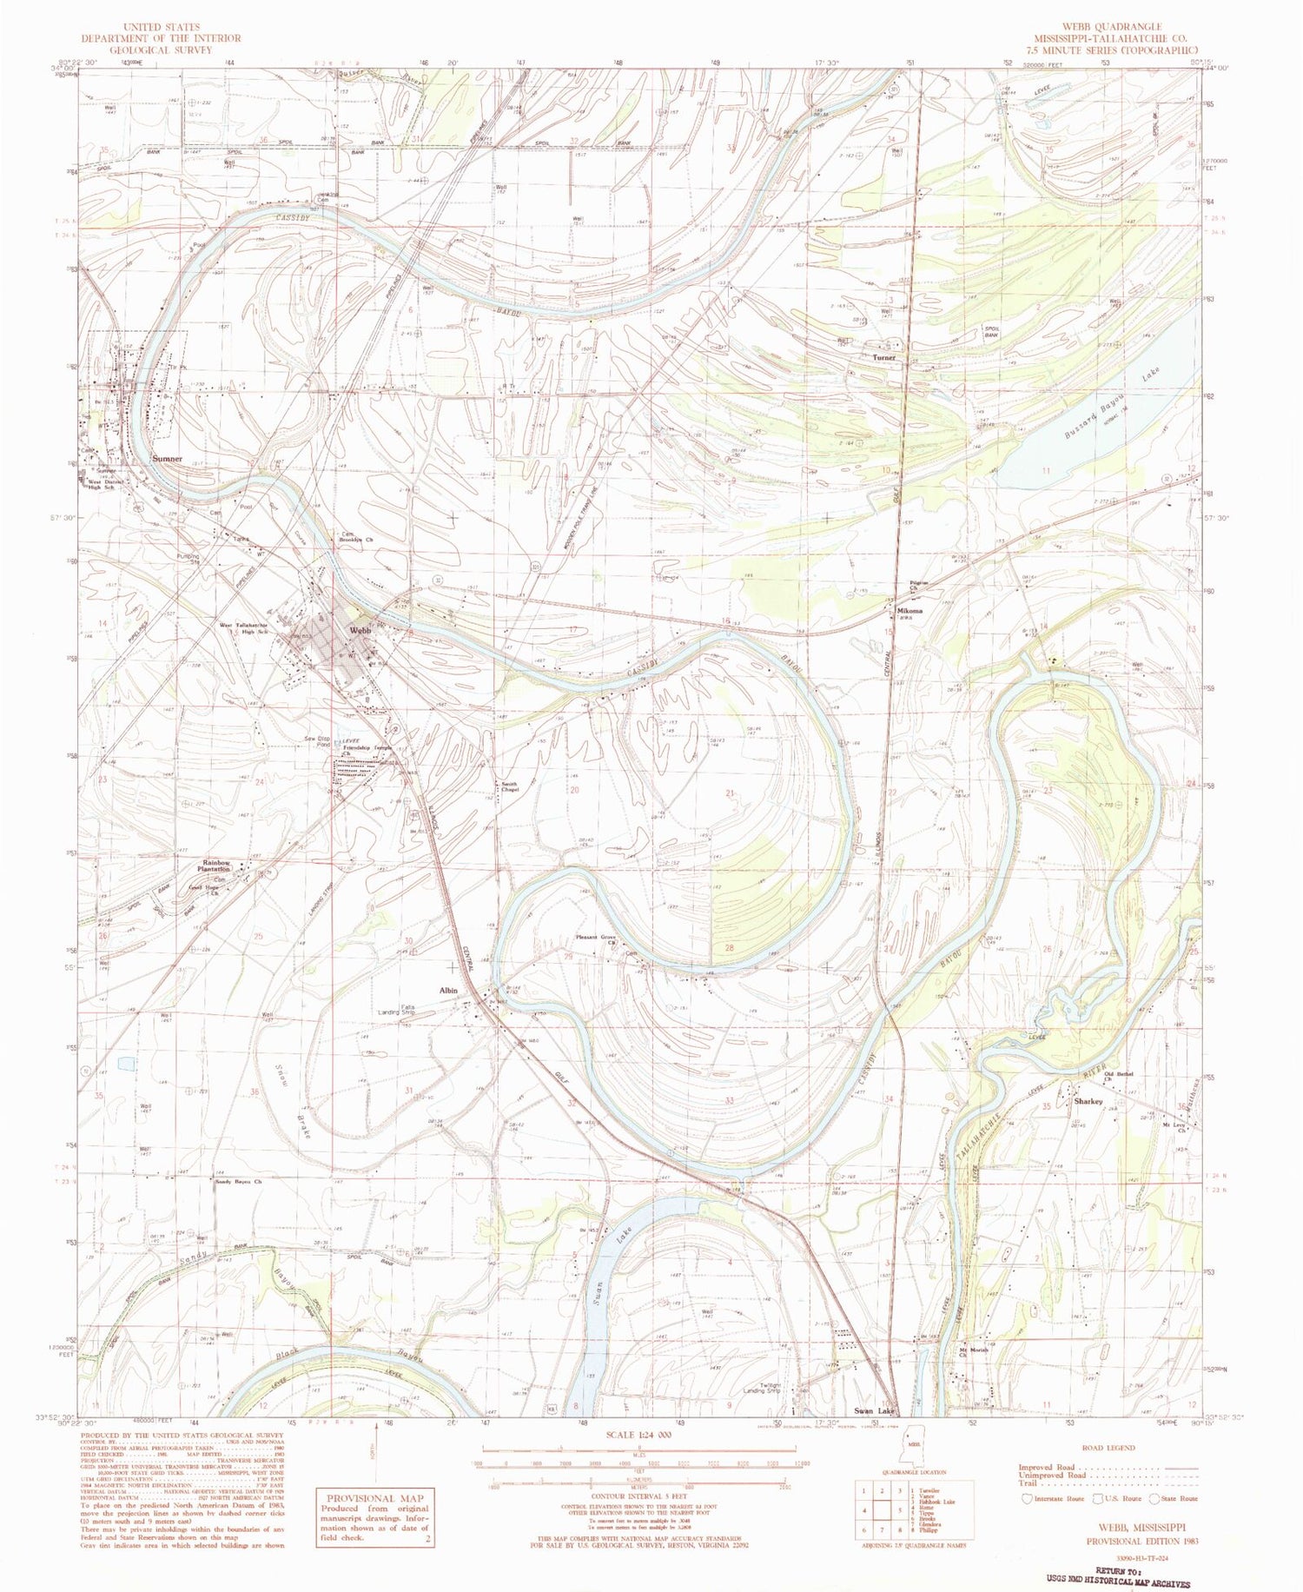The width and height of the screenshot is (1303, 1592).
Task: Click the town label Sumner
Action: [x=167, y=458]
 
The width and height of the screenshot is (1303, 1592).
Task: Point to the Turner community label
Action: [x=884, y=357]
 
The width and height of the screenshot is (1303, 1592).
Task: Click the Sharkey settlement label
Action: [x=1088, y=1101]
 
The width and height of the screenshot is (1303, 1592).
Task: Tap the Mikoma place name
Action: [x=909, y=610]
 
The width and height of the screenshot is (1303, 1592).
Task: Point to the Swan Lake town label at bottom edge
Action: [x=874, y=1411]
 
